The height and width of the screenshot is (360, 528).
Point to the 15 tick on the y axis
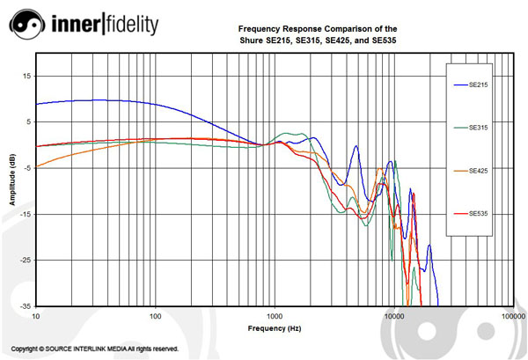click(26, 76)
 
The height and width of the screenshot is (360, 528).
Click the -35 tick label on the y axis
click(26, 305)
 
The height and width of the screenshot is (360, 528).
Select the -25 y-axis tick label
click(26, 260)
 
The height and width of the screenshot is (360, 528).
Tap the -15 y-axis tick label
click(26, 214)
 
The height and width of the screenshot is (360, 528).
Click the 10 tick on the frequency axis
click(36, 315)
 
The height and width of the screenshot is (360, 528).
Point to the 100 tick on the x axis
click(156, 315)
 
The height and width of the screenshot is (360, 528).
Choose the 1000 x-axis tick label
click(275, 315)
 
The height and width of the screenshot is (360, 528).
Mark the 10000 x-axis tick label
click(394, 315)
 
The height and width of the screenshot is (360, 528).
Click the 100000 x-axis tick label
click(513, 315)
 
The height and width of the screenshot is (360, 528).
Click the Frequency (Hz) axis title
click(275, 327)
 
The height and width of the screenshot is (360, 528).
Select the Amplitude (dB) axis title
click(12, 180)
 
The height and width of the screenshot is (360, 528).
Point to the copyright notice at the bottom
click(95, 349)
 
